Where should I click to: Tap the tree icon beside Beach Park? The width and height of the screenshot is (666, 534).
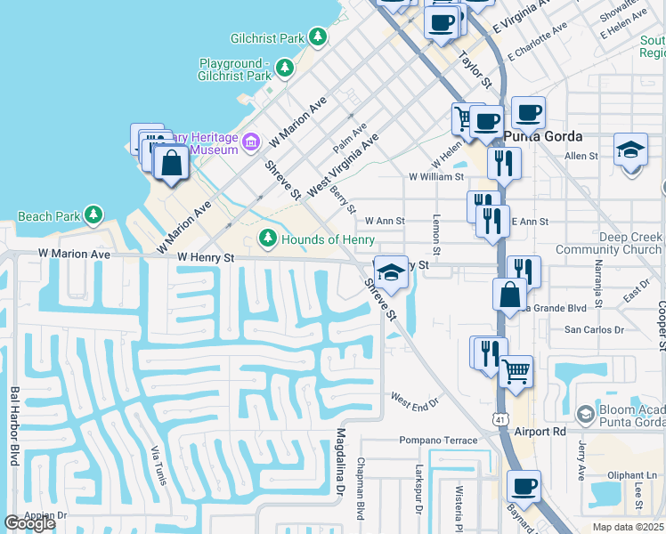tap(93, 214)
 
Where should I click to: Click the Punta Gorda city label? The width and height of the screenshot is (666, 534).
tap(542, 136)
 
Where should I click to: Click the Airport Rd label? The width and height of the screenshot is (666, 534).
tap(540, 431)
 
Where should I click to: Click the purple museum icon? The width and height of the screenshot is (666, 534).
tap(251, 142)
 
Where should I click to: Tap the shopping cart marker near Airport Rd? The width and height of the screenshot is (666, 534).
tap(516, 370)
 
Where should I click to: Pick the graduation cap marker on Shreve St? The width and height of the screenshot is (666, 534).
tap(391, 272)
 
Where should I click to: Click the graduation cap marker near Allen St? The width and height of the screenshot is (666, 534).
tap(630, 150)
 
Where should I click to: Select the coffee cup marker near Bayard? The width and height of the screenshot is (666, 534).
tap(524, 487)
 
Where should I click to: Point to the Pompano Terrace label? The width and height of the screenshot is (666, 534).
tap(438, 440)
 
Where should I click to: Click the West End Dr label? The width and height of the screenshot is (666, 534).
tap(415, 401)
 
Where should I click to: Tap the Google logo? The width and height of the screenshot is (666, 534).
tap(29, 522)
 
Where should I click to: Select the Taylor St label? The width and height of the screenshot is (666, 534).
tap(475, 68)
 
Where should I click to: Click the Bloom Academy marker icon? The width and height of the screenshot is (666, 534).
tap(585, 413)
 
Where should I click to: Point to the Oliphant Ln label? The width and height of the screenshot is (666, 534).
tap(632, 475)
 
